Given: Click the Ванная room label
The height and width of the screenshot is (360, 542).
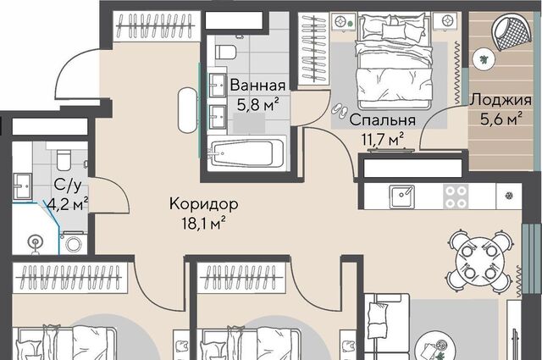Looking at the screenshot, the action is (257, 85).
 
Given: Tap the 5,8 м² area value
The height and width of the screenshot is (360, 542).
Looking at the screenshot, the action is (257, 104).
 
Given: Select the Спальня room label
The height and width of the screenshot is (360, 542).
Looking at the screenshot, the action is (382, 120).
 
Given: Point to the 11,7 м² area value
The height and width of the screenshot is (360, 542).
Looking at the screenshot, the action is (382, 140).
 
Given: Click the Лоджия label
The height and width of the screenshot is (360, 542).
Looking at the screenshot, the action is (501, 100).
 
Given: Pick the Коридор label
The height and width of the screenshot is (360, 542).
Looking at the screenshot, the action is (204, 204).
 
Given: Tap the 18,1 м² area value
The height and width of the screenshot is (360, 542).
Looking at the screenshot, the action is (204, 224).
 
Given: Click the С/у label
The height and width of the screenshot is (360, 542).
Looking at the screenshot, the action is (68, 186).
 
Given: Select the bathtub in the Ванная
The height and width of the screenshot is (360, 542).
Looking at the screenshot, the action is (246, 153).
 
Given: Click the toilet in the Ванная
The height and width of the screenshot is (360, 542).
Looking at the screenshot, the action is (226, 52).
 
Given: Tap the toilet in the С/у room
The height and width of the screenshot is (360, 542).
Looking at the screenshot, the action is (64, 159).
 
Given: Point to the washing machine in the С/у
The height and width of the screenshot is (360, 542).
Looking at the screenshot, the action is (74, 243).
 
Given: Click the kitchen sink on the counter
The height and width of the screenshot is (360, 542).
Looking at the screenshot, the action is (402, 196).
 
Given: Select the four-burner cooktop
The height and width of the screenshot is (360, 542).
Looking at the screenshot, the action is (456, 197).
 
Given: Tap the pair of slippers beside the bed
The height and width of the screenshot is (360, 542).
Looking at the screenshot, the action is (340, 110).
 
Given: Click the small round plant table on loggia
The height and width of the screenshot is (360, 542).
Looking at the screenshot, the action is (484, 59).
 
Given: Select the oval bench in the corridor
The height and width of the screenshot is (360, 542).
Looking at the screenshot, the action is (188, 110).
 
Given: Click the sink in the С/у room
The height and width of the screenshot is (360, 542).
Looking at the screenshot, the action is (23, 186).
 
